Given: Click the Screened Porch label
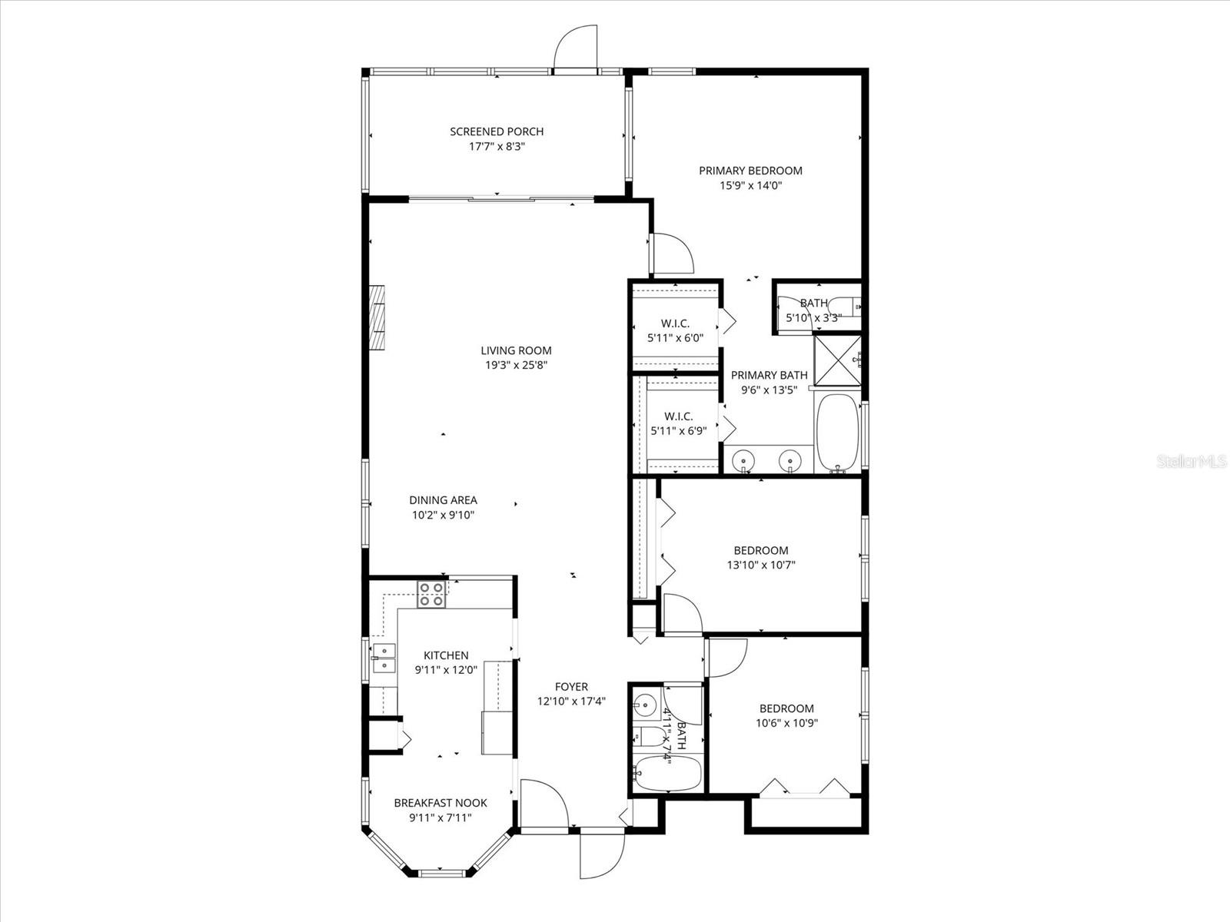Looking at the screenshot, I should (x=497, y=131).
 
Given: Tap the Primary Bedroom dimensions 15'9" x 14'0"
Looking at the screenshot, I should (x=750, y=185).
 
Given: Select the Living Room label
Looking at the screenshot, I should (x=516, y=351).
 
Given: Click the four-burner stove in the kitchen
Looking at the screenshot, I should (x=431, y=595).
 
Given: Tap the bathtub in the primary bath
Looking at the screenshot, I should (x=837, y=433).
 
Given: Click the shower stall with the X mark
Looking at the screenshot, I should (x=837, y=359).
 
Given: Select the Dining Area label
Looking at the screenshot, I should (x=443, y=500).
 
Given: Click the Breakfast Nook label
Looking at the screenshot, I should (x=440, y=803).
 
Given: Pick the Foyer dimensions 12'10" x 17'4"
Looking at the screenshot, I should (x=571, y=701).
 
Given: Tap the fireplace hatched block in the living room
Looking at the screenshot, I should (x=378, y=318).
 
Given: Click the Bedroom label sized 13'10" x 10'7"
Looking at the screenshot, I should (x=760, y=550).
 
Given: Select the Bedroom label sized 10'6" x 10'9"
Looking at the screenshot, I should (x=786, y=708).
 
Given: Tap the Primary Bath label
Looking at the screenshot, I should (x=769, y=375).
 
